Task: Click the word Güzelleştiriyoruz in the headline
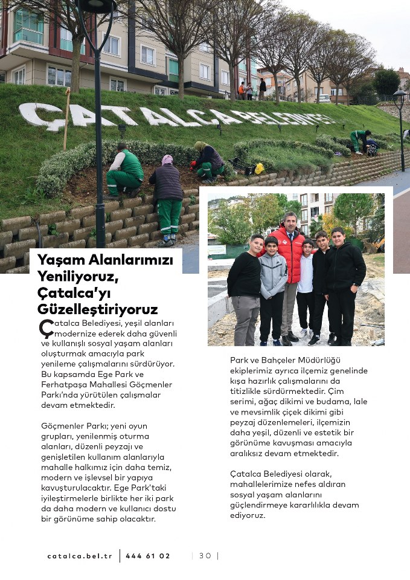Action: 98,309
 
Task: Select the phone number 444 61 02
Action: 148,556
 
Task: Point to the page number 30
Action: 205,556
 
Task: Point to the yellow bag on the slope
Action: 259,169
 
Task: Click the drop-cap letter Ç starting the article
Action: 46,328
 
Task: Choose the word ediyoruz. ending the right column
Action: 248,515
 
